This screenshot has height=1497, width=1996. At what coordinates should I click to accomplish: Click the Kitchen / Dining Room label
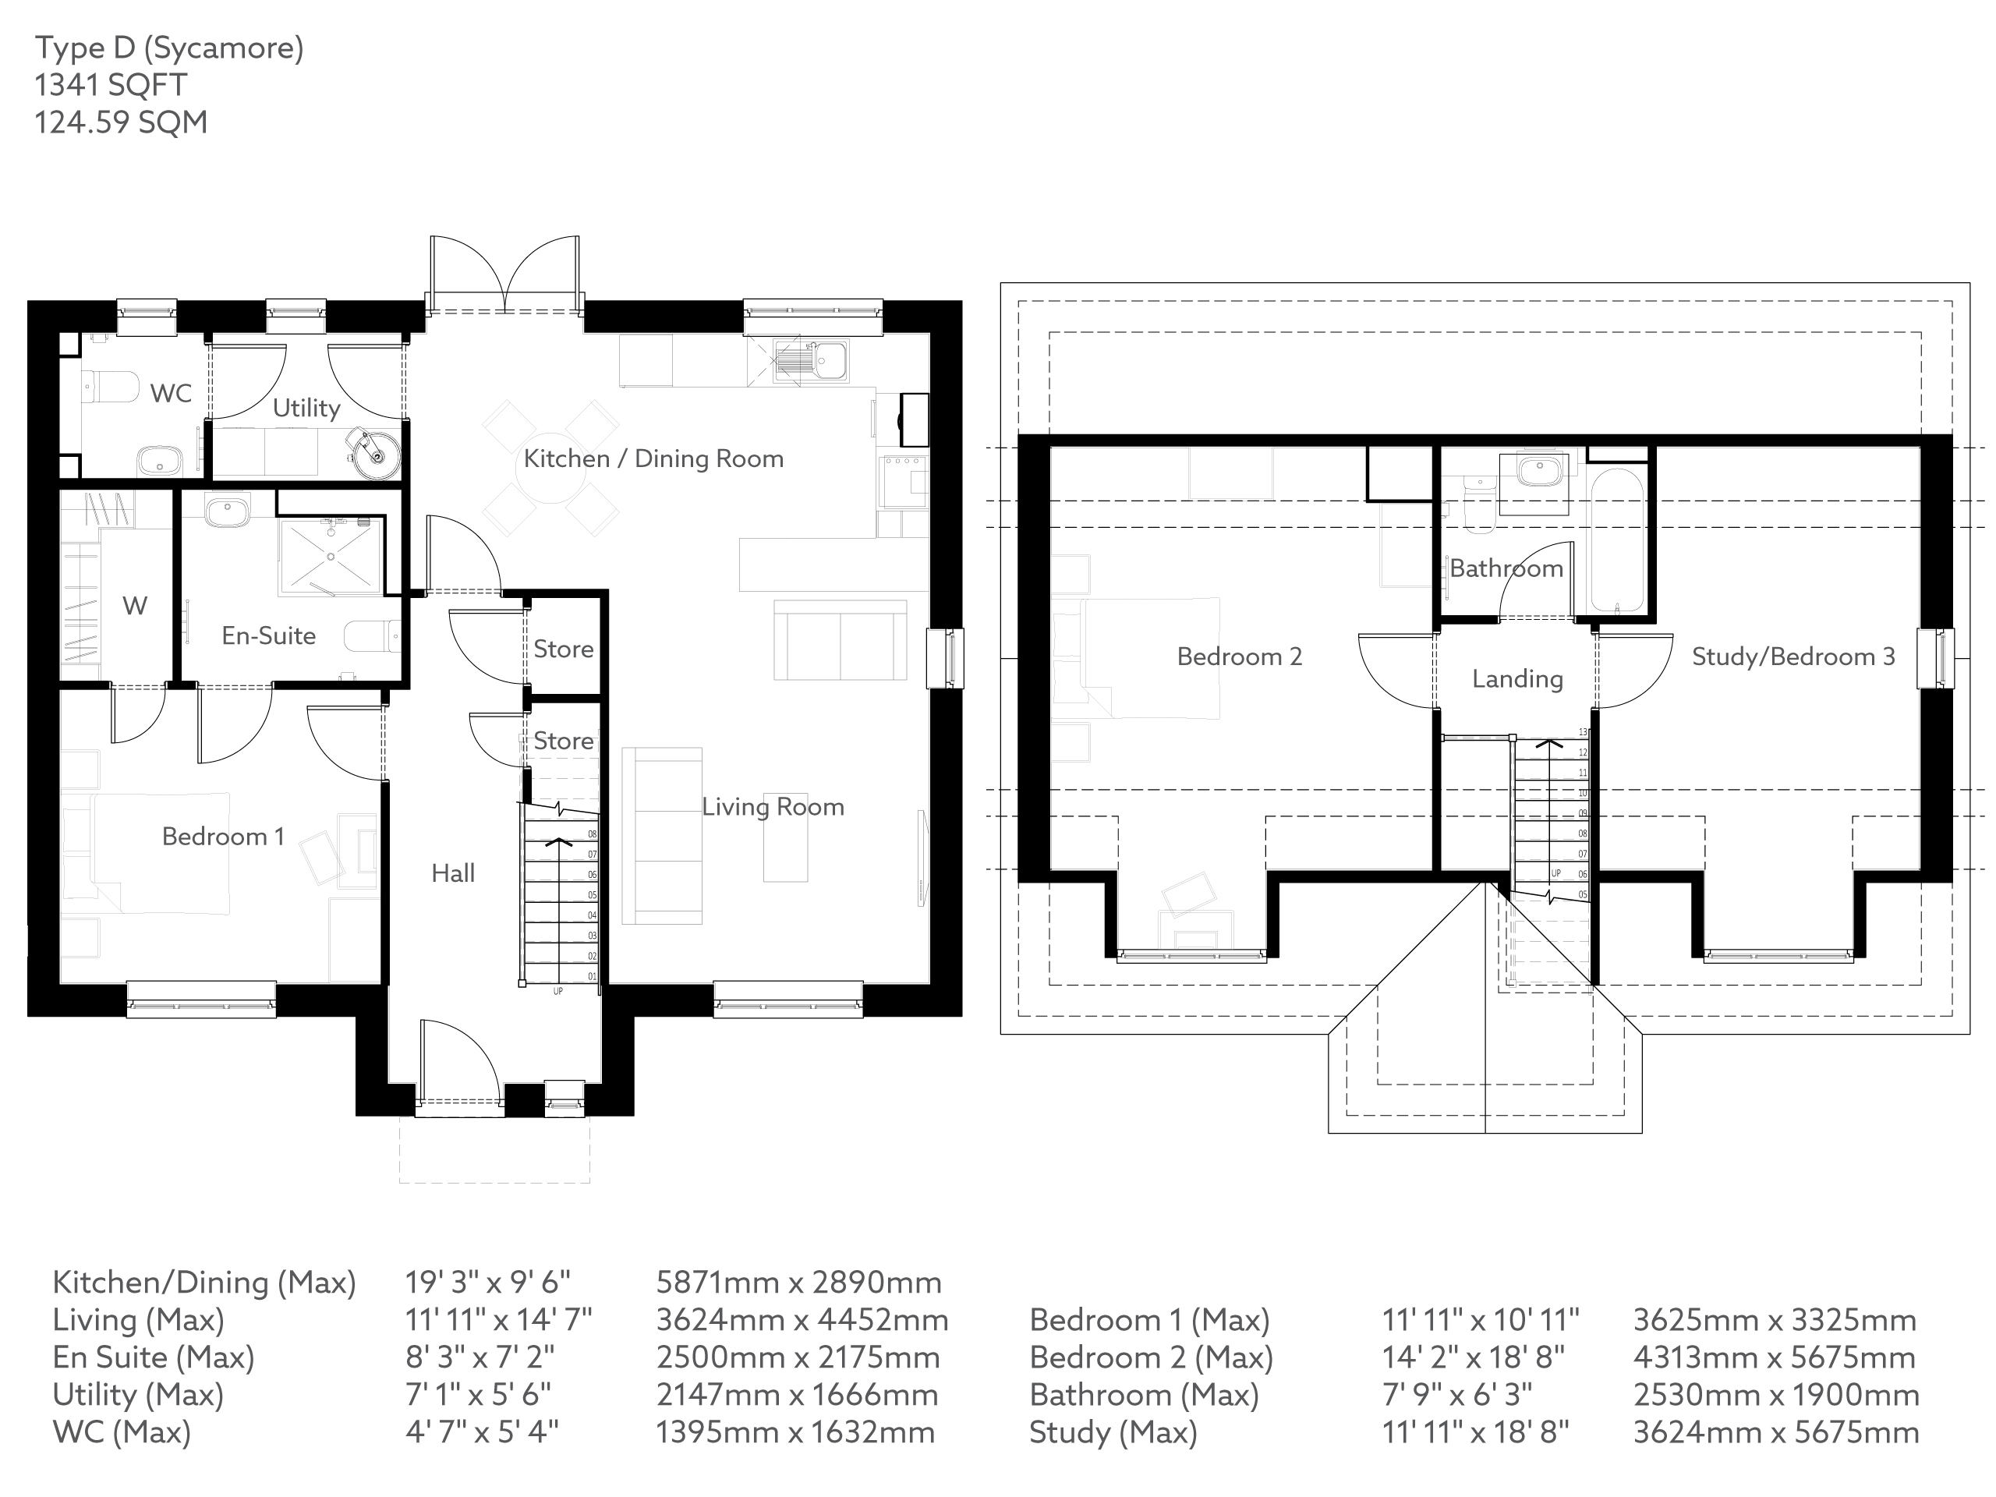click(653, 458)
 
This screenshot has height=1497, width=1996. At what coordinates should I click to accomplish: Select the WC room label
click(171, 394)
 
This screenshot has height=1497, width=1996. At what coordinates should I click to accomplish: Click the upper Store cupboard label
click(563, 649)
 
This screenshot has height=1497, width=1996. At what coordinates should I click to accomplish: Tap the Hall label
click(452, 872)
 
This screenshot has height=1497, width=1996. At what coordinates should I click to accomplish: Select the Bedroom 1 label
click(223, 837)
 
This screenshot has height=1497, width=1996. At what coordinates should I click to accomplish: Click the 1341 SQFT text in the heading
click(111, 85)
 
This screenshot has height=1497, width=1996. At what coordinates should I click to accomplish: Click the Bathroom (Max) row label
click(1143, 1395)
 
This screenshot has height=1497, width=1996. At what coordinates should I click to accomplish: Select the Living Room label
click(773, 807)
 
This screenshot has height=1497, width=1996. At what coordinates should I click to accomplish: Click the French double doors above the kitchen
click(504, 275)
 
